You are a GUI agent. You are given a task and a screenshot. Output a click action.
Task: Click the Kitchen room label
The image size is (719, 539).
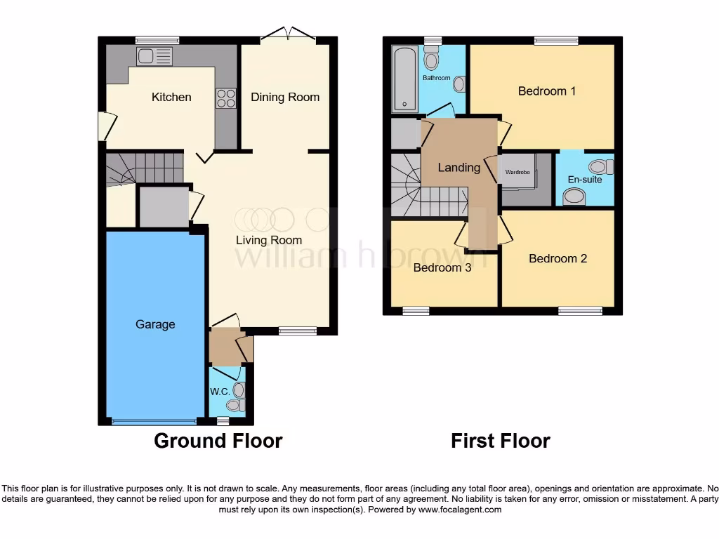tap(171, 97)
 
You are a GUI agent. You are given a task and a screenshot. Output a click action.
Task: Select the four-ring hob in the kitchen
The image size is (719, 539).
tap(226, 98)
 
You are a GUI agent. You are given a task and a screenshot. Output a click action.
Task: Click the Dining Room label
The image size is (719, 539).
tap(285, 97)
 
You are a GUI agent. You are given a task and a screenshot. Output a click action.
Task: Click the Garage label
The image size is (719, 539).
tap(155, 324)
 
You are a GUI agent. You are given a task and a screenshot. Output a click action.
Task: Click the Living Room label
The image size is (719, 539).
tap(268, 240)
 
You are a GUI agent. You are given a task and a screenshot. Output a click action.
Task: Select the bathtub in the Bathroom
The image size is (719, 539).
tap(404, 79)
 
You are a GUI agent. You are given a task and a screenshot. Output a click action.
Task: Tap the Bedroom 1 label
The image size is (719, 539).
tap(547, 91)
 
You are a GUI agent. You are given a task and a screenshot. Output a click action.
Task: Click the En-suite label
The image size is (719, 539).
tap(585, 180)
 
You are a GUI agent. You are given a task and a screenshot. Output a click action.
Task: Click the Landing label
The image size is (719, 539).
tap(459, 167)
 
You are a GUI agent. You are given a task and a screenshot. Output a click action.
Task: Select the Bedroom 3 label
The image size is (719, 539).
tap(442, 267)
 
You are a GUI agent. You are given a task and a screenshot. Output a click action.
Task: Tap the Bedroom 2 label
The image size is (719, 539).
tap(558, 258)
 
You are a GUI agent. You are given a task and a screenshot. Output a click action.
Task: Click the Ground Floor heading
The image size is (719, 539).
tap(218, 441)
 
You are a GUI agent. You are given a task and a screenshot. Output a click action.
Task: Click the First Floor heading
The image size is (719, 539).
tap(500, 441)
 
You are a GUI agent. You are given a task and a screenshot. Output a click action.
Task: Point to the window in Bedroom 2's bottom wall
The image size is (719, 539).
tap(580, 310)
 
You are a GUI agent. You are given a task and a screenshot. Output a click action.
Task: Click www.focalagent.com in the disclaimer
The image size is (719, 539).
tap(460, 510)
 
